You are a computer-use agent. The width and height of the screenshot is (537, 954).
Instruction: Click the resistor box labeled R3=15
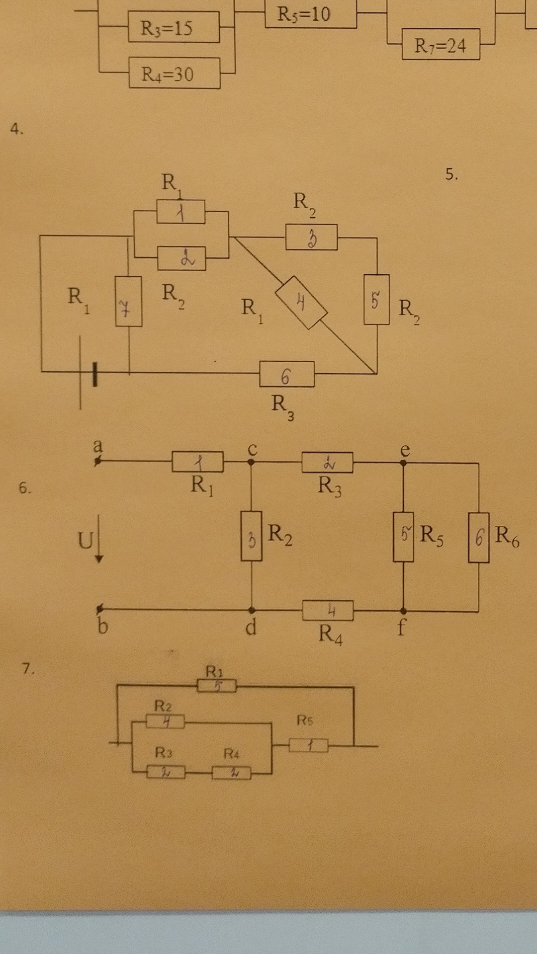point(174,28)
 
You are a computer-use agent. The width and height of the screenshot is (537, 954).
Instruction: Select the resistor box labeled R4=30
point(174,74)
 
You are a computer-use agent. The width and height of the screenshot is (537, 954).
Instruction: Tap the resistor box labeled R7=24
point(441,45)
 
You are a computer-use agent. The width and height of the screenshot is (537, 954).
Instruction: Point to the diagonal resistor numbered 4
point(301,302)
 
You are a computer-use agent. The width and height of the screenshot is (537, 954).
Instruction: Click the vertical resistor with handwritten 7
point(128,302)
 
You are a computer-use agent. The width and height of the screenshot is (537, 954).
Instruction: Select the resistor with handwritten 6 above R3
point(286,374)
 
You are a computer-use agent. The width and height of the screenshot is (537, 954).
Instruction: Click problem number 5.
point(451,174)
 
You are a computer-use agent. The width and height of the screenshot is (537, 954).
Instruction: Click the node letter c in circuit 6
point(252,449)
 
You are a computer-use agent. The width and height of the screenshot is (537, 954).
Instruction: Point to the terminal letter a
point(98,445)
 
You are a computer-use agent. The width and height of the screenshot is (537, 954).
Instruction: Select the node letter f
point(401,628)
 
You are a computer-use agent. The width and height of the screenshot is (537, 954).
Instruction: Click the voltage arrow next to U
point(99,539)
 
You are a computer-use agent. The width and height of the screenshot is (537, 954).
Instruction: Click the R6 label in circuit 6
point(507,537)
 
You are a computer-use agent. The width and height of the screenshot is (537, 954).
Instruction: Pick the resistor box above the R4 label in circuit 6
point(328,610)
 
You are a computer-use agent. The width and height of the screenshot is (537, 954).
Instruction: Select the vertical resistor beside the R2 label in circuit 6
point(252,536)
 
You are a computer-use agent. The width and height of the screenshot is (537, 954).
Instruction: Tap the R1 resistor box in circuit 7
point(217,686)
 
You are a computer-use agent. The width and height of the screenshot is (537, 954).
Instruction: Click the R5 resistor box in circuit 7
point(308,745)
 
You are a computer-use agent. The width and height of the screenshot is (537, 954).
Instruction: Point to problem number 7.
point(28,669)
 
